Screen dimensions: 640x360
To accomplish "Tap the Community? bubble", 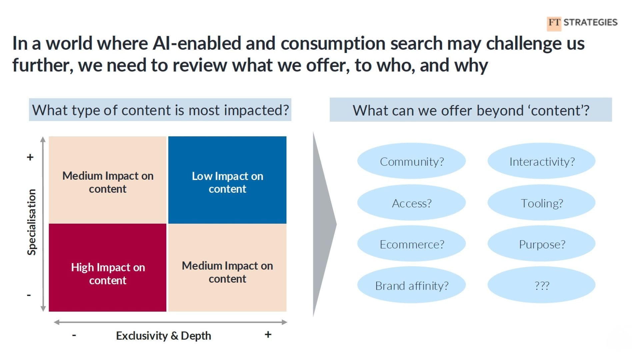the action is (x=411, y=161).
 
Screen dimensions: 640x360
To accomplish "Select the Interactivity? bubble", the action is (x=542, y=161).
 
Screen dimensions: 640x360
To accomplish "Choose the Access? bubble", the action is (x=411, y=203).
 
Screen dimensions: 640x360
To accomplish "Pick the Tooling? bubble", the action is (x=542, y=203).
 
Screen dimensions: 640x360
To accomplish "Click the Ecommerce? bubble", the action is (x=411, y=244).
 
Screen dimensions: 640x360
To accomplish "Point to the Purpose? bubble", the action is (x=542, y=244).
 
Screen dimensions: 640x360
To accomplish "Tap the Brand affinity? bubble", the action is (x=411, y=285).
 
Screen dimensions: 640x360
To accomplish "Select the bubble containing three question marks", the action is (x=542, y=285).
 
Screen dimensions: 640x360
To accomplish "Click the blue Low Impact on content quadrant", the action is (x=227, y=180).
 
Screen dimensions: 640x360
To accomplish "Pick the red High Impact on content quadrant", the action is (x=108, y=268).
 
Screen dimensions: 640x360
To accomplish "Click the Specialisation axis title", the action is (x=32, y=222).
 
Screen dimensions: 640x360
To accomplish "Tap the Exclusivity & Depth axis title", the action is (x=163, y=336).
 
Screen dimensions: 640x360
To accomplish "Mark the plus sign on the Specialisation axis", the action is (x=30, y=157).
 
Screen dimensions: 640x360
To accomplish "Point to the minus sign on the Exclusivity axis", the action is (x=74, y=335).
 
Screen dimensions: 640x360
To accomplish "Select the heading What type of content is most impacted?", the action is (x=160, y=110).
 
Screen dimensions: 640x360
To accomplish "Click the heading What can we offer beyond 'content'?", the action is (x=471, y=110).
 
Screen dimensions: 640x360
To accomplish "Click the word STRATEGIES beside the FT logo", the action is (x=590, y=22).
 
